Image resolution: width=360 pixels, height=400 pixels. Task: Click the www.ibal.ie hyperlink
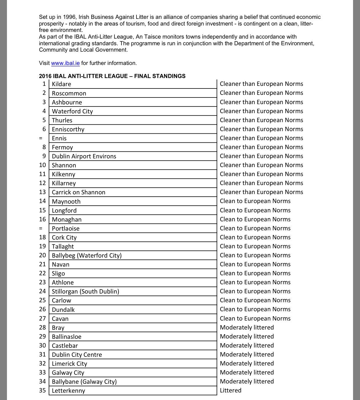coord(65,63)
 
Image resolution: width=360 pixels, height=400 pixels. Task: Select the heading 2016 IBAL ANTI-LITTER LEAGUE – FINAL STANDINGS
coord(112,76)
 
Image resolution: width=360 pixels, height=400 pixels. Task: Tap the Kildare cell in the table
coord(61,84)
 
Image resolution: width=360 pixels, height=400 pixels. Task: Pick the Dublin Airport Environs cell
coord(84,156)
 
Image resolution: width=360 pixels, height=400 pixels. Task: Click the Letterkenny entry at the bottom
coord(68,391)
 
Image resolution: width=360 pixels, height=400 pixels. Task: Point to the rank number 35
coord(42,390)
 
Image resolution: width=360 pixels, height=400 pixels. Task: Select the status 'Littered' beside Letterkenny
coord(230,390)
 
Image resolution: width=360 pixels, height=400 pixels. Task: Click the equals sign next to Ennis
coord(41,138)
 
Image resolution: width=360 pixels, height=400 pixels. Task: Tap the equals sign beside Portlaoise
coord(41,229)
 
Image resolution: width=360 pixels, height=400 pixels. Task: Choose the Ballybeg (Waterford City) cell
coord(87,256)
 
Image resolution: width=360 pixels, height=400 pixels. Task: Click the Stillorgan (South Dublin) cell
coord(86,292)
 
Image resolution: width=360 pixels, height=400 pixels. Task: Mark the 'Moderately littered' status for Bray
coord(247,327)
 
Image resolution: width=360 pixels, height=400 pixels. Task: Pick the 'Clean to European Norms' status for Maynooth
coord(255,201)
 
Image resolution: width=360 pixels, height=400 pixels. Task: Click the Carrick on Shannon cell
coord(79,192)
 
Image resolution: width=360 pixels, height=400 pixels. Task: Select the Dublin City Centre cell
coord(77,355)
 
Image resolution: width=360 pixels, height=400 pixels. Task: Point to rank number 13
coord(42,192)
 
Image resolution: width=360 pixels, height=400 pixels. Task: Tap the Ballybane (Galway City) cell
coord(84,382)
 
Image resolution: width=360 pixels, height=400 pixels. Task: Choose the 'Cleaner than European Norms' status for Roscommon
coord(261,93)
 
